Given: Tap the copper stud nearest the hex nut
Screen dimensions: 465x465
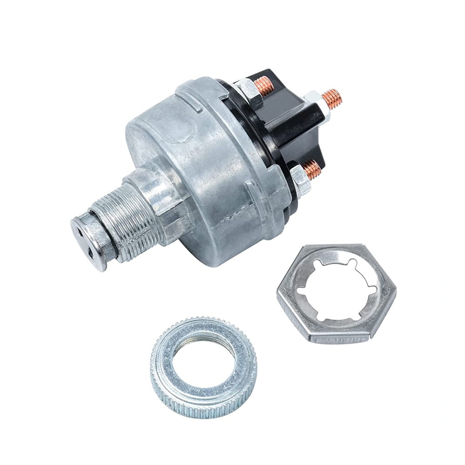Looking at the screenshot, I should [x=313, y=169].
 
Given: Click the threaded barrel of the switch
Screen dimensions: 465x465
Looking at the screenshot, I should [x=126, y=219].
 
